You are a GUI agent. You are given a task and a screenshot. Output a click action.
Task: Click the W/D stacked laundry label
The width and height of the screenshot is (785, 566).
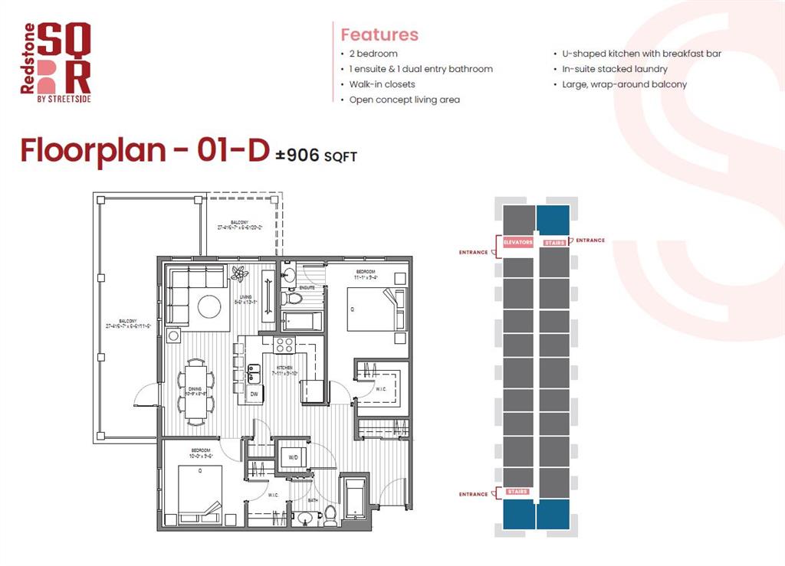pos(292,458)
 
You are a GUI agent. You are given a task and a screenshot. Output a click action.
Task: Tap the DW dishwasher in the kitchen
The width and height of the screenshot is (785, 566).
pos(255,394)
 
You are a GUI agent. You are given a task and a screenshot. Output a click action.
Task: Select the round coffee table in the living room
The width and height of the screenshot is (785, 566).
pos(210,306)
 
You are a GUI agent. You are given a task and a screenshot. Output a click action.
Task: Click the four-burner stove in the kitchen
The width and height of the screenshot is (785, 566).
pos(284,345)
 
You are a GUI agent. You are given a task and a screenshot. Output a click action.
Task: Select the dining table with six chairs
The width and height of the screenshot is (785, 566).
pos(196,388)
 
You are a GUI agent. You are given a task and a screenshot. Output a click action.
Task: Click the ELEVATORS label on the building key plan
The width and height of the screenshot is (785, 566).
pos(518,242)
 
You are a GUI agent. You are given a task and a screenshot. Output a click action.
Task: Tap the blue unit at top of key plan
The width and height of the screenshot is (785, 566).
pos(553,219)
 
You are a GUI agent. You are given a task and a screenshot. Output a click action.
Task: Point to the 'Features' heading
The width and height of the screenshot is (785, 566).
pos(379,34)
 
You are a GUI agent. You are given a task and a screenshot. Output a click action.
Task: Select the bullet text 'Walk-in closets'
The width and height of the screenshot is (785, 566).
pos(382,84)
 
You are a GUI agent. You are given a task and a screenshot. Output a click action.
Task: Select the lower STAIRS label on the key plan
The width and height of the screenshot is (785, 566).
pos(517,491)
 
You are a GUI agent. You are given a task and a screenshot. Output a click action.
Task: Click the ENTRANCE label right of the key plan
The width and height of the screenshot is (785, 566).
pos(590,240)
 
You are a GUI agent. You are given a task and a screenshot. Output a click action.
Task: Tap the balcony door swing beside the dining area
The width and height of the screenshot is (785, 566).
pos(143,397)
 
